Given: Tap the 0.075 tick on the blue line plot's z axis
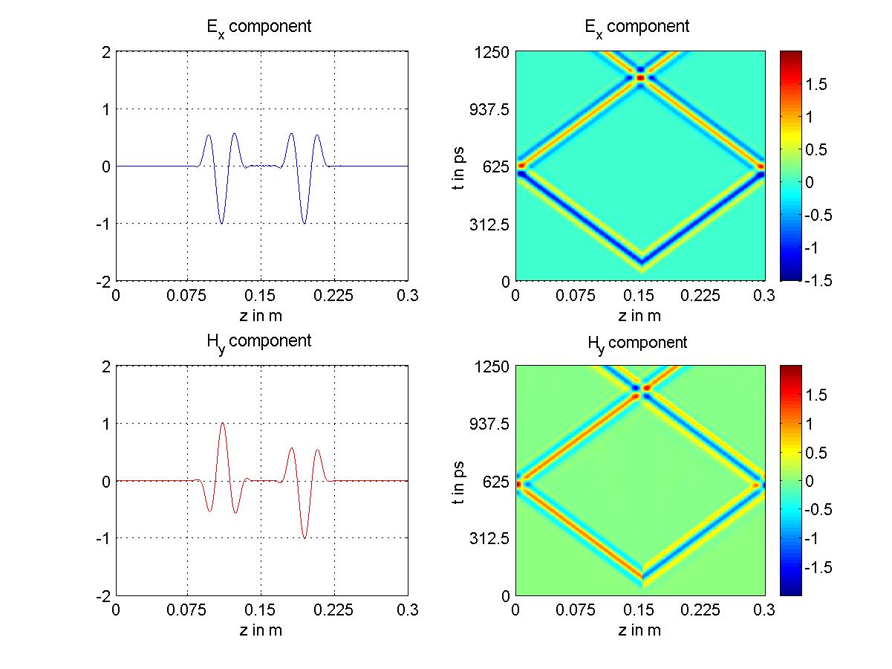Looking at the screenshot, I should coord(188,296).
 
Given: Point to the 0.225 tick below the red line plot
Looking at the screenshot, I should coord(334,611).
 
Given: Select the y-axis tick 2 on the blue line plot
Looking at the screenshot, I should coord(106,51).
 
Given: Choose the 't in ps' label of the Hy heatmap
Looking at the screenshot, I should coord(459,480).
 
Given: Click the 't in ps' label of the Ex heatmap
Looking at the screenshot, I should coord(459,166).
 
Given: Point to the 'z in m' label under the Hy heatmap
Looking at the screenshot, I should coord(639,630).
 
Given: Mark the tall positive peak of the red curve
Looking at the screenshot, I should coord(223,424).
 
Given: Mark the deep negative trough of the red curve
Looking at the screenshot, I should coord(305,537).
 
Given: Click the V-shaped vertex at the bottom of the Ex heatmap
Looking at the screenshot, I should coord(640,262).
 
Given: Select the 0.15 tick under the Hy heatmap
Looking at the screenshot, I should coord(640,611).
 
